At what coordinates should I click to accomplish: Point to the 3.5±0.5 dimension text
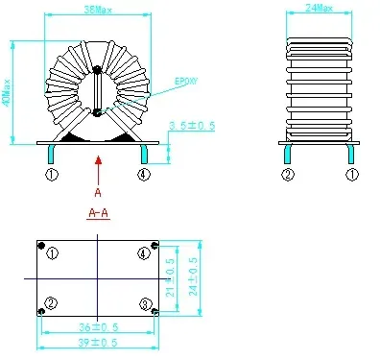point(191,126)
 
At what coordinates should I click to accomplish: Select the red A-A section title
point(97,212)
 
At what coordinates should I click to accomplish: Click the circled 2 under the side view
point(286,174)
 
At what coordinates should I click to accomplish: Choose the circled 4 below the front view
point(143,174)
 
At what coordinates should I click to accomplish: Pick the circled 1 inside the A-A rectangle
point(53,253)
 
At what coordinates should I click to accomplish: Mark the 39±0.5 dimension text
point(97,343)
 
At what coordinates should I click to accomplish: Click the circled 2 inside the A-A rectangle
point(52,303)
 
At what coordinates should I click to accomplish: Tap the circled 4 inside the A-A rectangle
point(144,253)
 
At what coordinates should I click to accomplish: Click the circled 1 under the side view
point(351,174)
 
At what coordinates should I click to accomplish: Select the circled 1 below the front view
point(52,174)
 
